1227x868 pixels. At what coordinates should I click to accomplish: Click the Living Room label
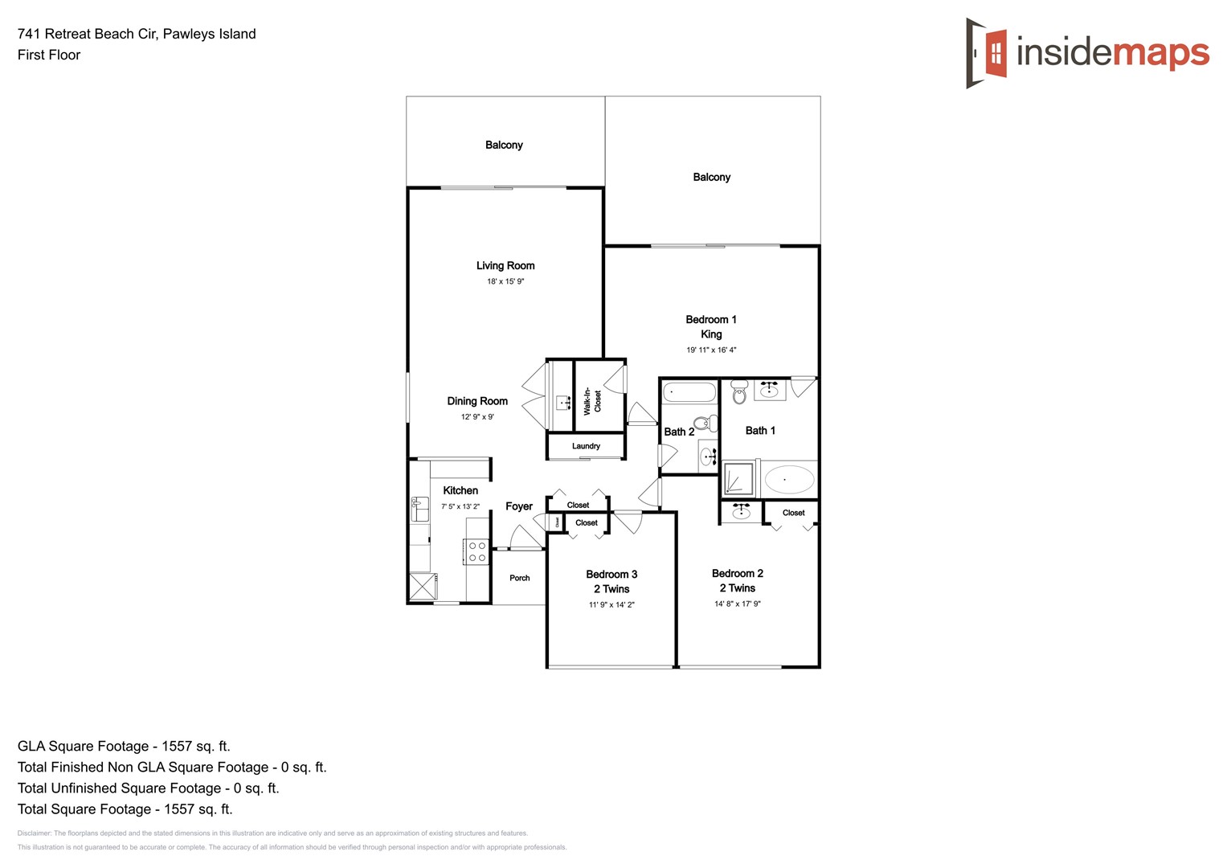click(x=505, y=265)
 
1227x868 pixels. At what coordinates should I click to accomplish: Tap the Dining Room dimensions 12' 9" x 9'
click(x=477, y=417)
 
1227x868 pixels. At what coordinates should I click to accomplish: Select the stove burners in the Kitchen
click(x=476, y=551)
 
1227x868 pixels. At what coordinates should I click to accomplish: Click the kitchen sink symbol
click(x=419, y=510)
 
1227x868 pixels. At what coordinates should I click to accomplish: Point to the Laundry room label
click(x=586, y=446)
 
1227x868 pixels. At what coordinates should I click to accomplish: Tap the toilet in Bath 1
click(x=739, y=392)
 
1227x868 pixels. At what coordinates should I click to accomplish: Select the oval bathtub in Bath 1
click(x=788, y=480)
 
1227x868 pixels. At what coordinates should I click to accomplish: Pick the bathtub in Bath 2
click(x=689, y=393)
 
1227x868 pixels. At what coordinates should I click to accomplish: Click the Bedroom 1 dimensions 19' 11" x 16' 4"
click(x=711, y=350)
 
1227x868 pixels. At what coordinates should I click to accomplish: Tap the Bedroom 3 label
click(x=611, y=574)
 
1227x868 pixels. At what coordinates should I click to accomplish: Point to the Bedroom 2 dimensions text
click(x=737, y=604)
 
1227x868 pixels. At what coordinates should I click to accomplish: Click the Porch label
click(x=519, y=578)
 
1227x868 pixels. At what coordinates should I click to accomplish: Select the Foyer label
click(x=518, y=506)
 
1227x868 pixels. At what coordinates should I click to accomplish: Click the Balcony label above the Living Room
click(x=504, y=145)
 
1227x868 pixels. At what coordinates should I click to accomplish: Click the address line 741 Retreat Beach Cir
click(x=137, y=34)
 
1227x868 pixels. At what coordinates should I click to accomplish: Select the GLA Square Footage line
click(x=124, y=746)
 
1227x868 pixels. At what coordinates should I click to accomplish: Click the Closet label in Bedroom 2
click(x=793, y=513)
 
